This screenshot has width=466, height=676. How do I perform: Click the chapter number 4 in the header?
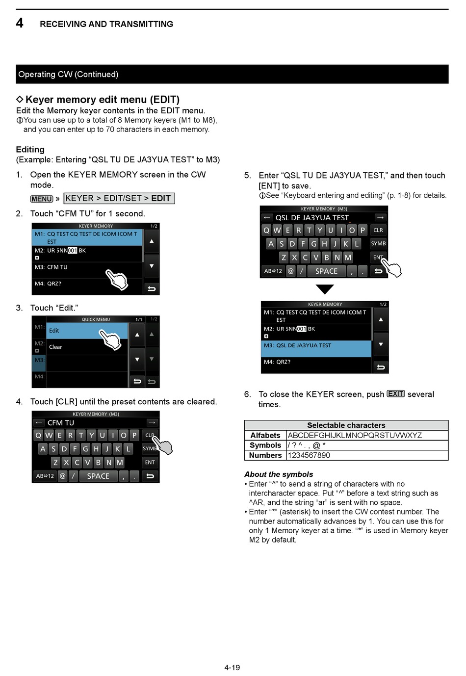coord(20,23)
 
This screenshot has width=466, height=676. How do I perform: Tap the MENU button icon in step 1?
coord(42,199)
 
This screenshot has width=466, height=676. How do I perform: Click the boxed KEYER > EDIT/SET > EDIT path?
coord(119,198)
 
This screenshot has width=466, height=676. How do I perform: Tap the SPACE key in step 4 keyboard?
coord(98,476)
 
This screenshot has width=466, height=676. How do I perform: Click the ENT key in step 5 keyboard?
coord(378,257)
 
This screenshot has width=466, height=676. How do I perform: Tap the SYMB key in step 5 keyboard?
coord(378,243)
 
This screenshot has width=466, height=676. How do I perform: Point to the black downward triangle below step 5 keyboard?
coord(324,288)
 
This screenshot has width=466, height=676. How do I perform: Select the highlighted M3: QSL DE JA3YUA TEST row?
coord(316,345)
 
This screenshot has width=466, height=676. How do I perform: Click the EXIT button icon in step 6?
coord(395,394)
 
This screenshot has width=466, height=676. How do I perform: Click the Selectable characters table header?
coord(346,425)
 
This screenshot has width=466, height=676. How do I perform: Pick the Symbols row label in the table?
coord(265,445)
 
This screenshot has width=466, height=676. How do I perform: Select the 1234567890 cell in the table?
coord(309,455)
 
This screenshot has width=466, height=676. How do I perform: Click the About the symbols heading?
coord(279,474)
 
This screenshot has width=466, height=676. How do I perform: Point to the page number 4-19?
coord(232,667)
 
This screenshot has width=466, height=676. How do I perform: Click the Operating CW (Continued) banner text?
coord(68,75)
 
